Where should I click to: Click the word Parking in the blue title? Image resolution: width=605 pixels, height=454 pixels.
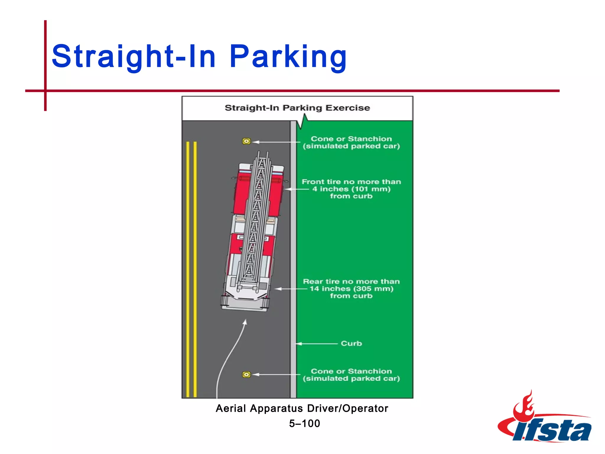click(288, 56)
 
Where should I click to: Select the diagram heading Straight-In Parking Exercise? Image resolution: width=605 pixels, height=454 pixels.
click(297, 108)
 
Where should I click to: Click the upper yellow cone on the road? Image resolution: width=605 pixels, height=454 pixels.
click(246, 141)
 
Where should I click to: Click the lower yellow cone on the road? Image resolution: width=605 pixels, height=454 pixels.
click(246, 374)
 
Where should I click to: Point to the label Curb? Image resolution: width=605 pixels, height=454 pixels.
click(351, 343)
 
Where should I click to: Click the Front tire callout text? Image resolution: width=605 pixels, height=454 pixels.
click(351, 189)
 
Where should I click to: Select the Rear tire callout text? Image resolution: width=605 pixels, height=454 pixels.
click(351, 288)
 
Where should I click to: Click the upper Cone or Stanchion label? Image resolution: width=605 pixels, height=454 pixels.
click(351, 142)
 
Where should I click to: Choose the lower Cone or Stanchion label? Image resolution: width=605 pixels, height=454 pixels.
click(351, 375)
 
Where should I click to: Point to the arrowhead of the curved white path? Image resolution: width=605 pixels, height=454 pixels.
click(245, 323)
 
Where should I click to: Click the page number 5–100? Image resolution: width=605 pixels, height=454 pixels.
click(305, 424)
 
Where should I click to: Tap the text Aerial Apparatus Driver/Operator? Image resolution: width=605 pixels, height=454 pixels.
click(302, 408)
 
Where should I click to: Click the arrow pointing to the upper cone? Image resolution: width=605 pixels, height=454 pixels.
click(276, 142)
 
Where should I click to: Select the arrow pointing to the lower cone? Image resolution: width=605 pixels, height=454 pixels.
click(276, 374)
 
